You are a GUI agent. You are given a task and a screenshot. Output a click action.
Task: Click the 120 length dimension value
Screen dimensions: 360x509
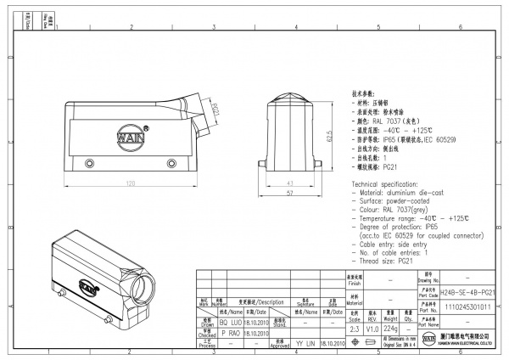131,183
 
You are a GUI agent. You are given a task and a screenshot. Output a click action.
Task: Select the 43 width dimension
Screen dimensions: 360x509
291,183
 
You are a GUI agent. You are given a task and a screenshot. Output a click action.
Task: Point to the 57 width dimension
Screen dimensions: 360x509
291,194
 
